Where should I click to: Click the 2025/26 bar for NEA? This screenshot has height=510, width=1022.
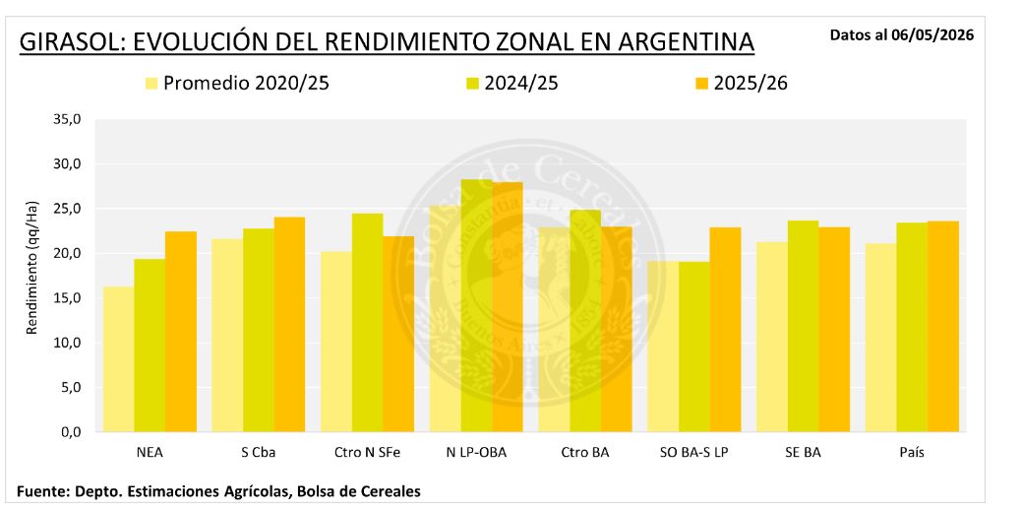point(181,332)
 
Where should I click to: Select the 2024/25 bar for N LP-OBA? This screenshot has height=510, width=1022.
point(476,305)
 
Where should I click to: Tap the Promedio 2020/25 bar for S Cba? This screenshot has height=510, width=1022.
point(227,335)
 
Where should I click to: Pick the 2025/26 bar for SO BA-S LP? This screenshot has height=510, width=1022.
point(726,330)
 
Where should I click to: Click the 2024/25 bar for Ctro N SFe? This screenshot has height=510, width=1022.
point(368,323)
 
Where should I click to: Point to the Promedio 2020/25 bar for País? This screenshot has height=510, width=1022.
point(880,338)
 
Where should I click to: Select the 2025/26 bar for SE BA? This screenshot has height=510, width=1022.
point(834,330)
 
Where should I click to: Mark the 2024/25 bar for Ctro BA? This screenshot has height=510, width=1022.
point(585,321)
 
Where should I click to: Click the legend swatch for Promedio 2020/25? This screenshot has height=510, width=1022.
point(151,84)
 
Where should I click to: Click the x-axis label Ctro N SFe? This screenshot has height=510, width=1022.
point(368,453)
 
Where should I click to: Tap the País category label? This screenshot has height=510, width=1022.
point(912,453)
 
